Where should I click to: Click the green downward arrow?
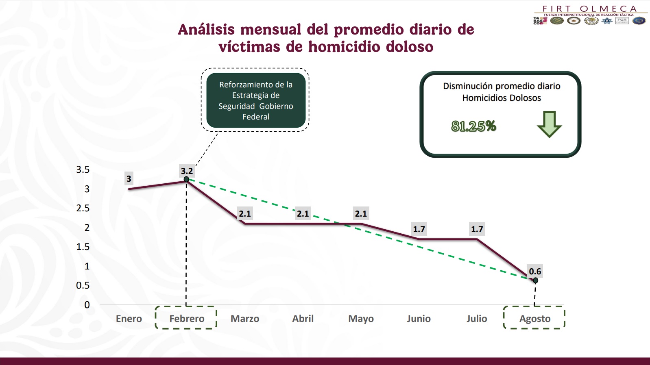[549, 124]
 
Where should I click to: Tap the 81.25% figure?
[473, 126]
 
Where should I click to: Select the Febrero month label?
[187, 319]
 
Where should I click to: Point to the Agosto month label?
[535, 319]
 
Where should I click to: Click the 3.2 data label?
[187, 171]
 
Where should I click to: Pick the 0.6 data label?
[535, 271]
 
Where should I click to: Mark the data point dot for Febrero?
[186, 179]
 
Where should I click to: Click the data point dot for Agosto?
[535, 280]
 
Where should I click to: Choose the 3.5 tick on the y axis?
[83, 169]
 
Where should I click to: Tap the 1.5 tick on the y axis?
[83, 247]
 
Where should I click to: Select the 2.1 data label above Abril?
[303, 213]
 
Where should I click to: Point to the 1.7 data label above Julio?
[477, 229]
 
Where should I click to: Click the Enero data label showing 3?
[129, 179]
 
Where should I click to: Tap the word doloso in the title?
[410, 47]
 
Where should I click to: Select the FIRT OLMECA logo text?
[589, 9]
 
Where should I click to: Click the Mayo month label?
[361, 319]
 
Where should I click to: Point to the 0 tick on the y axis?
[87, 305]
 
